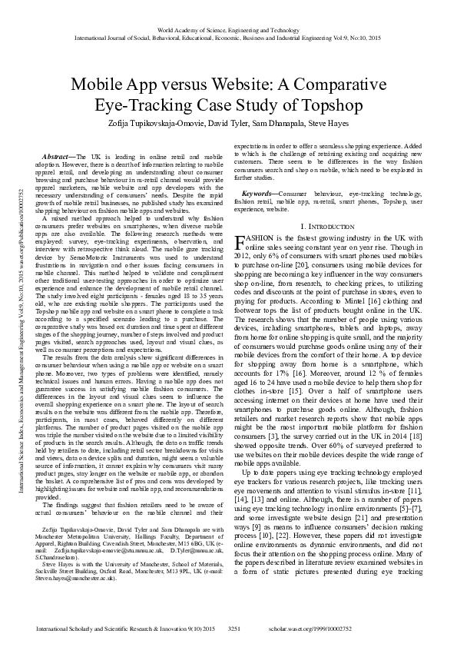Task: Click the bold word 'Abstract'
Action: [x=58, y=156]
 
